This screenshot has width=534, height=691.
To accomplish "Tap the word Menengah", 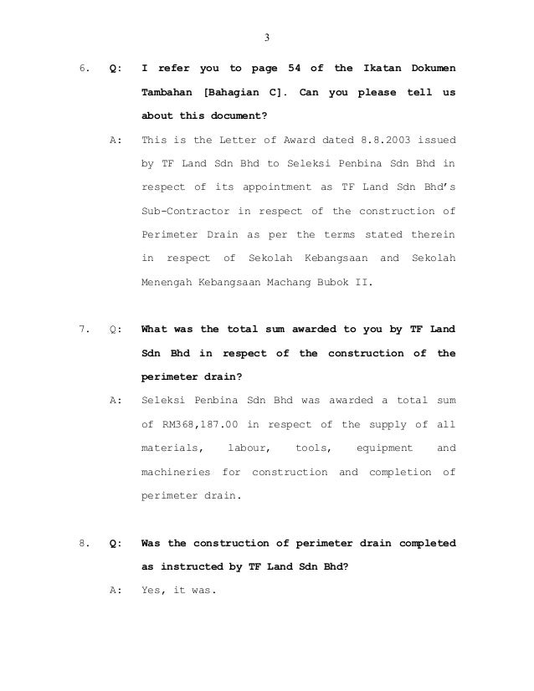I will tap(167, 282).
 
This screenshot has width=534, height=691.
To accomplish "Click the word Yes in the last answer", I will tap(154, 591).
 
